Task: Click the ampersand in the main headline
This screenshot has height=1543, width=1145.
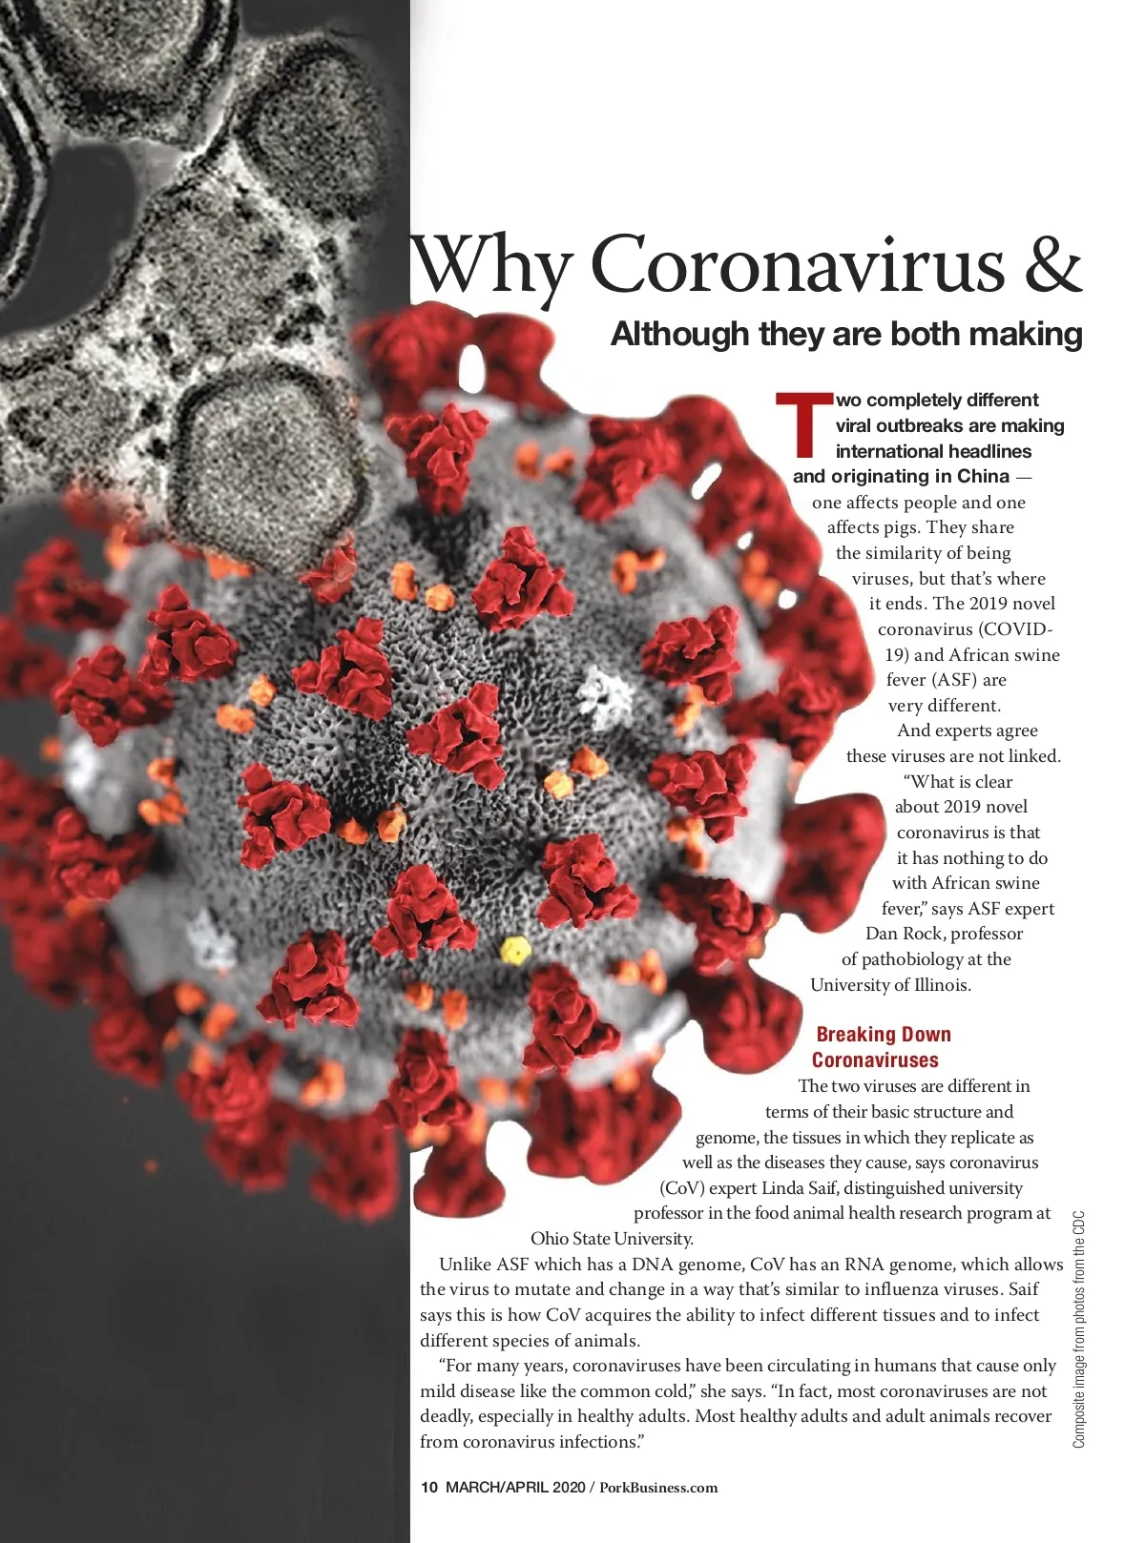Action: click(1053, 264)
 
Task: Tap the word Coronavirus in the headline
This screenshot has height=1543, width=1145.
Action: click(798, 264)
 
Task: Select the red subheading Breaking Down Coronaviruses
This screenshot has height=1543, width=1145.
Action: click(880, 1047)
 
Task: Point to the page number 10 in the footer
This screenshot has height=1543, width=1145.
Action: click(428, 1487)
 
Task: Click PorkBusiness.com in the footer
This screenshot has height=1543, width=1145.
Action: click(658, 1487)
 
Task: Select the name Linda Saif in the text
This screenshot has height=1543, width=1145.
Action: click(800, 1188)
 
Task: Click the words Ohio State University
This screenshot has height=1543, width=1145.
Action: click(612, 1239)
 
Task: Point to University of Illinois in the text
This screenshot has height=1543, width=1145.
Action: click(890, 985)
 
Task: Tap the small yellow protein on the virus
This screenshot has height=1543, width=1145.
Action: click(515, 950)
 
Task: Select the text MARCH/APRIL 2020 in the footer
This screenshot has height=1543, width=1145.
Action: click(515, 1487)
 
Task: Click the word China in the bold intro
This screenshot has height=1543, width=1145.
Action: click(983, 476)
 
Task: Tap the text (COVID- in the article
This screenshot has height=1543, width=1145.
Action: click(1013, 629)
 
